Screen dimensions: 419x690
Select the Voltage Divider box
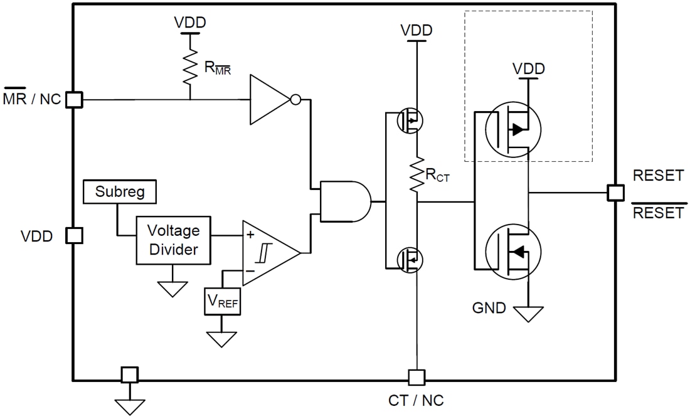pyautogui.click(x=173, y=240)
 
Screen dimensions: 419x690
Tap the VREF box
pyautogui.click(x=222, y=302)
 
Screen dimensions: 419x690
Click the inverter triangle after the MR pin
pyautogui.click(x=270, y=99)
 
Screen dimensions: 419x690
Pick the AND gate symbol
pyautogui.click(x=344, y=201)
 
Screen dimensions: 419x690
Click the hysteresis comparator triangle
pyautogui.click(x=268, y=253)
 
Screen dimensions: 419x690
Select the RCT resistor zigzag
pyautogui.click(x=415, y=176)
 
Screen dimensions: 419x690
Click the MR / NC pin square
pyautogui.click(x=74, y=99)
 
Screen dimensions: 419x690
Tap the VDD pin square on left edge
pyautogui.click(x=74, y=235)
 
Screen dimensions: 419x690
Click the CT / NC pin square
pyautogui.click(x=416, y=377)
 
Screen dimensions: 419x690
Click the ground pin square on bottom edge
pyautogui.click(x=129, y=374)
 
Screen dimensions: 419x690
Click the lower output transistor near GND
pyautogui.click(x=512, y=252)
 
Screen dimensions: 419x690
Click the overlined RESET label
pyautogui.click(x=658, y=213)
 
